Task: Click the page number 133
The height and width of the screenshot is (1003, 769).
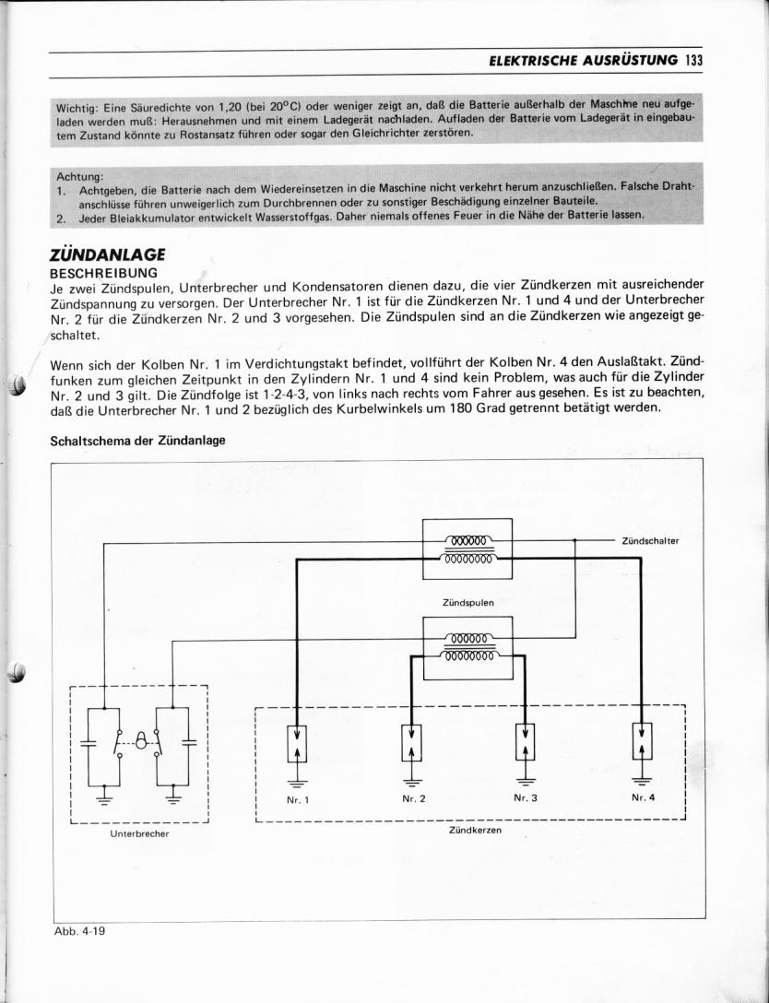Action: [x=694, y=61]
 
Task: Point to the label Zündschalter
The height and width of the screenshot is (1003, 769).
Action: [x=650, y=541]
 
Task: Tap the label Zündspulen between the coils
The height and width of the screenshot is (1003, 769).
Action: [x=467, y=602]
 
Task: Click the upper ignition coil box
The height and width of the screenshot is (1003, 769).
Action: [x=467, y=549]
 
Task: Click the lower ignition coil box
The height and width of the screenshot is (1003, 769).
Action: [x=467, y=648]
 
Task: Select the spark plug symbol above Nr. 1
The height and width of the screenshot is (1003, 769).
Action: [x=297, y=741]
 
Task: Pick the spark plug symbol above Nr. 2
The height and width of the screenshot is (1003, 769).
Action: [x=411, y=741]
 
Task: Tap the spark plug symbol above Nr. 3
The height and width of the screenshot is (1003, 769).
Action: [x=525, y=741]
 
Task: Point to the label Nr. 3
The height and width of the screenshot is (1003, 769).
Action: [x=525, y=798]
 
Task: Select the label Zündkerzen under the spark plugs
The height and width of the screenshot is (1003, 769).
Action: [x=475, y=830]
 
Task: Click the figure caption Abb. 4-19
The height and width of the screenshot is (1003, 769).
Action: [x=80, y=930]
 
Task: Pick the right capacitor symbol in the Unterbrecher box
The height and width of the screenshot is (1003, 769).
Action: [x=190, y=741]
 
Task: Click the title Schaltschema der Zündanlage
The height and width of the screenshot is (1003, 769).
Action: [x=137, y=440]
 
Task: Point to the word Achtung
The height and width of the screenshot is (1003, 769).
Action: [x=80, y=175]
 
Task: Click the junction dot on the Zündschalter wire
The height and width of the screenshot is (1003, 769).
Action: [x=575, y=541]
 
